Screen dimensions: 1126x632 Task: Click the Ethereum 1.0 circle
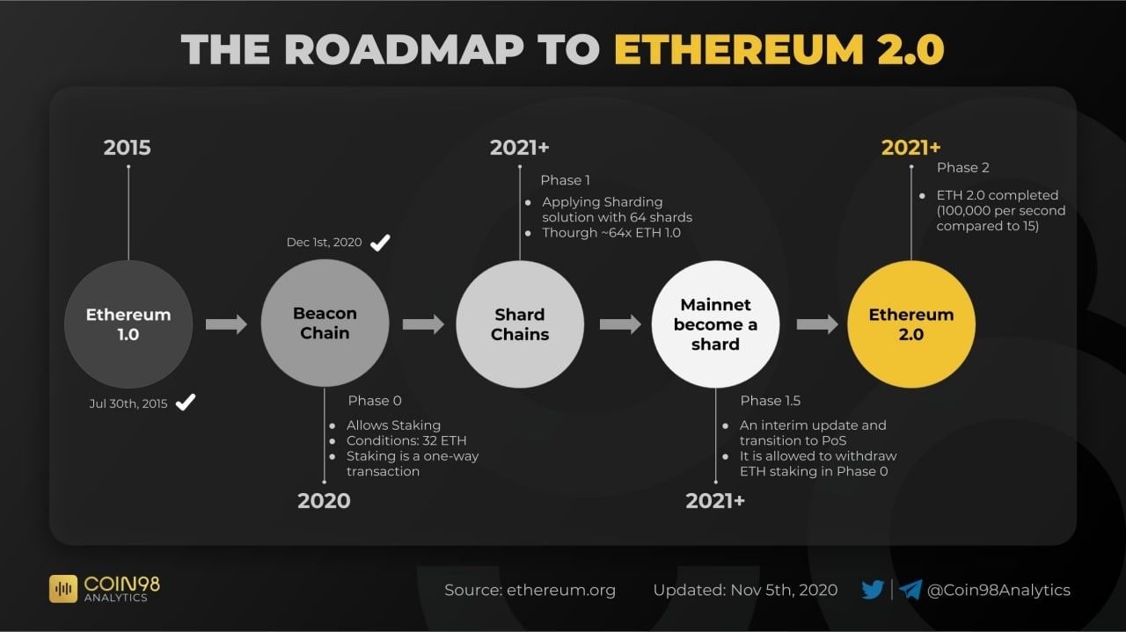(128, 324)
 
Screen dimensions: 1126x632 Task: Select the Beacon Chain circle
(325, 323)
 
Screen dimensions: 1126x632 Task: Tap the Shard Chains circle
(520, 324)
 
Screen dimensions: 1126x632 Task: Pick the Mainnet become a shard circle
(715, 324)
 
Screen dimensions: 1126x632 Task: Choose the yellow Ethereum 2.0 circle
(911, 324)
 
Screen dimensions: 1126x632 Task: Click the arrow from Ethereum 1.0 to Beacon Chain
(226, 324)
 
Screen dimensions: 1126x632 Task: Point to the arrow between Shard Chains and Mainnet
(620, 324)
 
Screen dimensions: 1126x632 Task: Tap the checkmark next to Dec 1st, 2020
(380, 243)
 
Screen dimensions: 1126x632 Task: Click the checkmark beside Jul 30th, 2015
(186, 402)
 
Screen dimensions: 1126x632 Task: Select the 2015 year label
(128, 148)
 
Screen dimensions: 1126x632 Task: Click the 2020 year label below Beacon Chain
(324, 501)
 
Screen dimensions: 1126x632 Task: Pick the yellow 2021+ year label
(910, 148)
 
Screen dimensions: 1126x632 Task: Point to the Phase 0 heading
(375, 401)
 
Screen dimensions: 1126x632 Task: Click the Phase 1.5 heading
(770, 401)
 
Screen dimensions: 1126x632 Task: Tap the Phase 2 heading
(962, 168)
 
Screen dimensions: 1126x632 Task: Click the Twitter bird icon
(873, 590)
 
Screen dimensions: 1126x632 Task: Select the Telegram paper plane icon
(910, 590)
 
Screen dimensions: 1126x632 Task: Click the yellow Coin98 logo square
(63, 589)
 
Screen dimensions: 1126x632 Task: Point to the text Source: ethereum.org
(530, 590)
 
